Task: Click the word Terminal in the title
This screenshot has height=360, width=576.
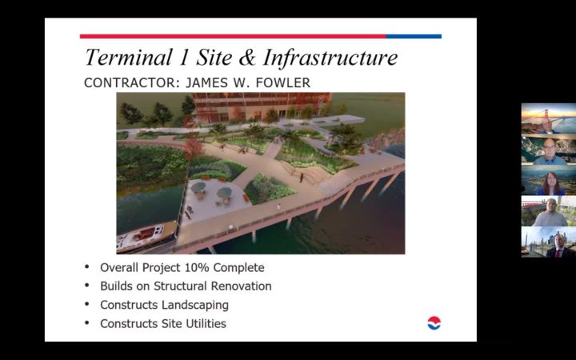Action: click(x=129, y=58)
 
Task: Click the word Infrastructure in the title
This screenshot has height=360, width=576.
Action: click(x=330, y=58)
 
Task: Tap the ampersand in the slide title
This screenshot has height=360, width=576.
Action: click(x=247, y=58)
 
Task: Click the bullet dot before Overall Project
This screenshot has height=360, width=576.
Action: click(x=87, y=266)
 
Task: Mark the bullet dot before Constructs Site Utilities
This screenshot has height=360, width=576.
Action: click(x=87, y=323)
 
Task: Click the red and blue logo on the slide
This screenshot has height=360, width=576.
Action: click(x=434, y=323)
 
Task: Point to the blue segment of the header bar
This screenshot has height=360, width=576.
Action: click(x=414, y=36)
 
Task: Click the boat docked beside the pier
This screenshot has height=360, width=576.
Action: click(x=146, y=236)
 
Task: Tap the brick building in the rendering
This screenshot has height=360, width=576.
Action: click(x=262, y=106)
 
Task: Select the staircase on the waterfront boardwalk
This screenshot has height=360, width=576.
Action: click(x=337, y=182)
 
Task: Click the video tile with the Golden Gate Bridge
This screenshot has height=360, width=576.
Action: click(x=549, y=118)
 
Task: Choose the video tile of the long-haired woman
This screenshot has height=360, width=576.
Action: click(x=549, y=180)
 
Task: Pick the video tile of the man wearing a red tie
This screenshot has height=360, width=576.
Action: click(x=549, y=242)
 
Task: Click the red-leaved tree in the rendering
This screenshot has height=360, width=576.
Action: click(x=194, y=146)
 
